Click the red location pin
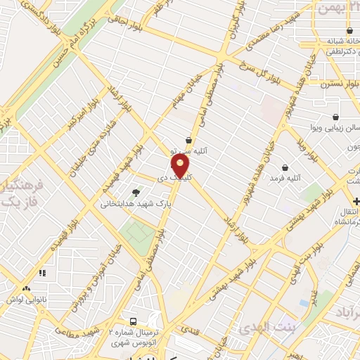coord(181,166)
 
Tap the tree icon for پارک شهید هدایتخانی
coord(136,192)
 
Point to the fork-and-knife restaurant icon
coord(42,272)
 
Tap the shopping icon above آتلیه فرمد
coord(285,167)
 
